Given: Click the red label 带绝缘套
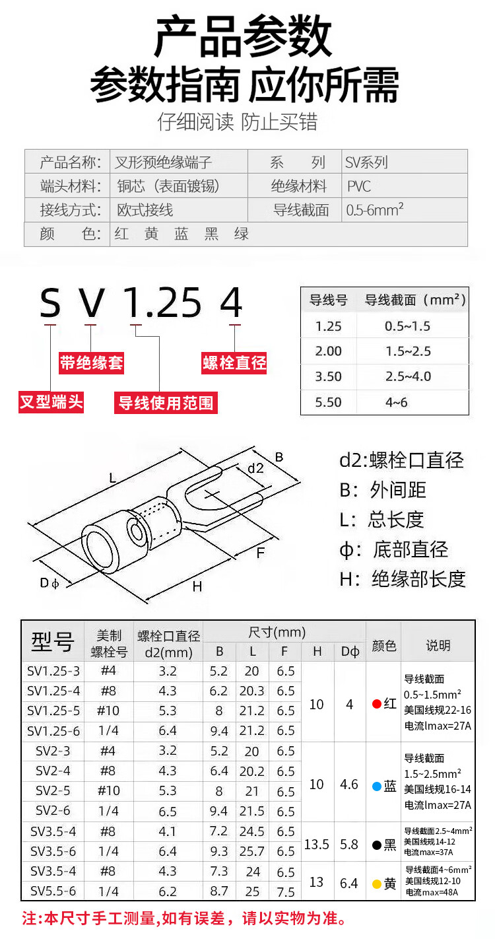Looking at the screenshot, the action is [91, 363].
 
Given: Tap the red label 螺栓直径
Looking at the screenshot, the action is [234, 363].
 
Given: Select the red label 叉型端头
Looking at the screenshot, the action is [51, 402].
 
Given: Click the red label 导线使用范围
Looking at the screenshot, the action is [166, 403].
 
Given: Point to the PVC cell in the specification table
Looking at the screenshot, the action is [359, 186].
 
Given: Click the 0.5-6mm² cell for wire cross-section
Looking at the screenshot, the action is [375, 209].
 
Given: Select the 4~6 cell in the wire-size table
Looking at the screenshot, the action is [396, 402].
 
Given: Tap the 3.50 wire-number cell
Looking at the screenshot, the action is [328, 376].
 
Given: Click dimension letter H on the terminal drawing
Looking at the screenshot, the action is [197, 586].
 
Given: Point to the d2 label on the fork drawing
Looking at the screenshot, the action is [255, 468].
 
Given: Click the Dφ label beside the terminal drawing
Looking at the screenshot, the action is [49, 582].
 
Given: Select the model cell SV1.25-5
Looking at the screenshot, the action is [53, 711].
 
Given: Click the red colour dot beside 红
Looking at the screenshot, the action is [377, 704].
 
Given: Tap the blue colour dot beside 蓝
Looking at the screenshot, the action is [377, 786].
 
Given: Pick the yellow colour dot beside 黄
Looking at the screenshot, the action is [377, 884].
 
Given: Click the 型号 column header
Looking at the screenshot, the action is [53, 642].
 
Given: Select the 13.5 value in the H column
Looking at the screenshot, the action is [316, 845].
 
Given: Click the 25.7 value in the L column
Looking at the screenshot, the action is [252, 851].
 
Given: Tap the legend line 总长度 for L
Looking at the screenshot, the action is [395, 520].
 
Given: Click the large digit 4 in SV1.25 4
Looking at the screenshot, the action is [231, 302].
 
